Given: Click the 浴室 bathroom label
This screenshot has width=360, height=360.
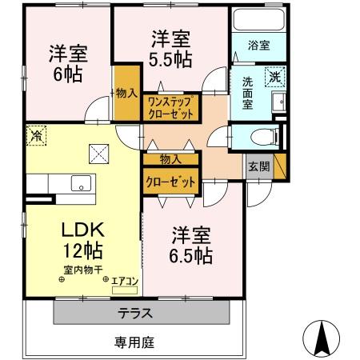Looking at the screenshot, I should click(x=258, y=46).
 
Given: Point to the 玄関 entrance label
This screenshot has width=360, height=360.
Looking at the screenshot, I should click(x=258, y=166).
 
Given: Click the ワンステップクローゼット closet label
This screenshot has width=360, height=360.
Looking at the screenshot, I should click(x=170, y=107).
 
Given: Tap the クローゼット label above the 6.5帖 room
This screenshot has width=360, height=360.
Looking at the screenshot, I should click(x=170, y=182).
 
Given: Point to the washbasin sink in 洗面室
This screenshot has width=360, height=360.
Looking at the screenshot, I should click(x=279, y=102).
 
